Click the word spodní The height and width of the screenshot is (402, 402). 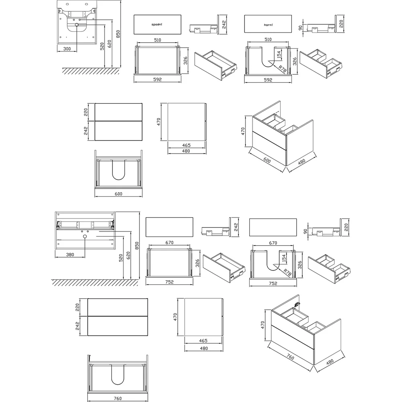(x=157, y=25)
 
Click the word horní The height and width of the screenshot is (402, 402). (x=268, y=25)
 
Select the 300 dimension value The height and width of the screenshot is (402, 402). (x=67, y=49)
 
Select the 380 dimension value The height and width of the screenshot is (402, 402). (x=70, y=254)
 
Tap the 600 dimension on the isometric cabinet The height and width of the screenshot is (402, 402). (x=267, y=160)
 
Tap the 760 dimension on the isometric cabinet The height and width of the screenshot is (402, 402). (x=290, y=357)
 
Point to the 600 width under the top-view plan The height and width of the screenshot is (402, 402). (x=119, y=194)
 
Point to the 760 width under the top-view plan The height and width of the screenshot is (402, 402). (x=118, y=398)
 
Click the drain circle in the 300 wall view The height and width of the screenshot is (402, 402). (x=77, y=25)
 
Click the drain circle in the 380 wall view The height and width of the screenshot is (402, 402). (x=85, y=236)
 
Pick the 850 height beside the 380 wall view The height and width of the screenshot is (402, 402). (x=137, y=246)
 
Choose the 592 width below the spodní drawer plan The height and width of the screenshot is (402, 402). (x=158, y=80)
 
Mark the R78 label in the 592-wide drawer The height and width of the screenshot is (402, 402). (x=282, y=69)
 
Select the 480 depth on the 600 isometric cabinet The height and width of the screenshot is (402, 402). (x=302, y=162)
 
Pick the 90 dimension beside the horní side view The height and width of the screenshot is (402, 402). (x=300, y=27)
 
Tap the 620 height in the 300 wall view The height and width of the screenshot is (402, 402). (x=109, y=44)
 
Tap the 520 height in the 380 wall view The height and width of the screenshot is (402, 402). (x=121, y=258)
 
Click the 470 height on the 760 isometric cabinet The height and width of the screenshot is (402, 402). (x=263, y=325)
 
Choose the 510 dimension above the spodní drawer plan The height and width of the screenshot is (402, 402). (x=158, y=40)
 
